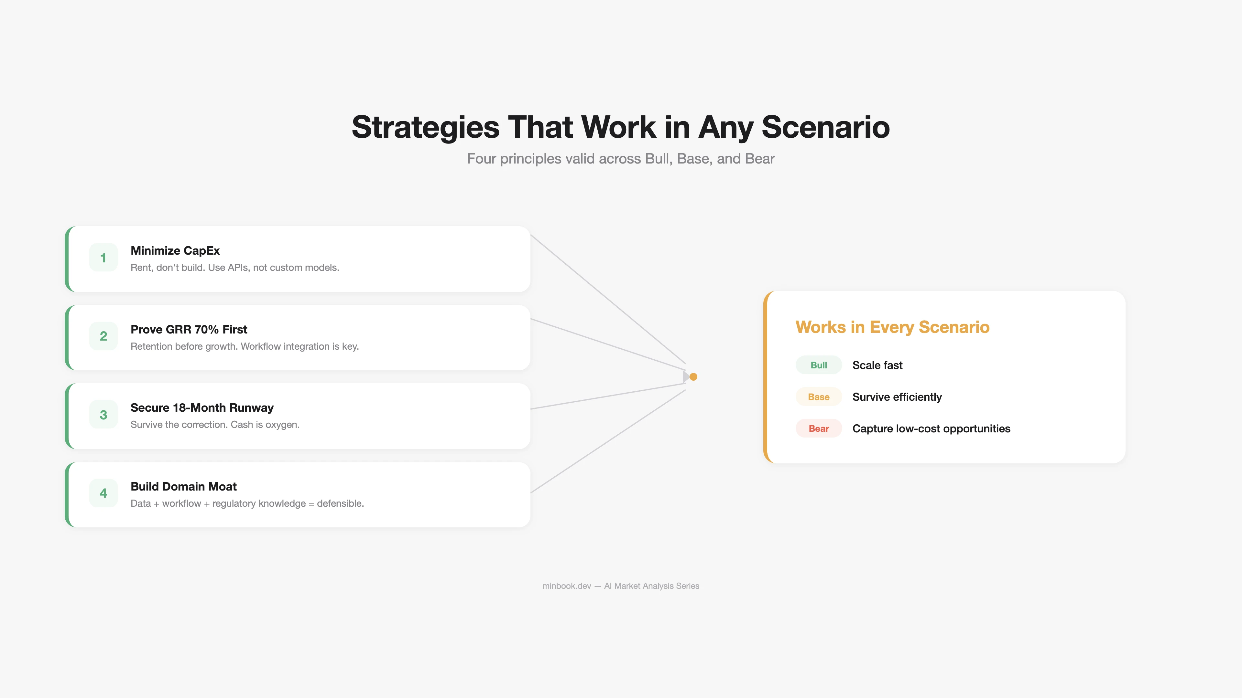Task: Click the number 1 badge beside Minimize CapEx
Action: (103, 258)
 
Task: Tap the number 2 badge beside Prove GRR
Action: (103, 336)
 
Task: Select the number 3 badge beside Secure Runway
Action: (103, 415)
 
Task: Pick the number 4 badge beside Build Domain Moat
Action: (103, 493)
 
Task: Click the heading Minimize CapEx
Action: (175, 250)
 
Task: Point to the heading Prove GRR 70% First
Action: (189, 330)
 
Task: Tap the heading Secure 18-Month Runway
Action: (202, 408)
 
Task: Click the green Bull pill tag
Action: (818, 365)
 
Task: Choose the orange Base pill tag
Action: (818, 397)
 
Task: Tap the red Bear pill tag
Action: (818, 429)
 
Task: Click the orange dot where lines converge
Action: (693, 377)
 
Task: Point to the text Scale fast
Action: (877, 365)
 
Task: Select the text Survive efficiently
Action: (897, 397)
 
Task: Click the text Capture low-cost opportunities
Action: (931, 429)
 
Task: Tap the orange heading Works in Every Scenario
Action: (892, 327)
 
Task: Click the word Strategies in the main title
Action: (425, 127)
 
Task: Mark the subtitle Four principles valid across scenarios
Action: (621, 159)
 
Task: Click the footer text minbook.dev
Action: (567, 586)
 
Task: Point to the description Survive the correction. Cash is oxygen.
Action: (215, 424)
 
